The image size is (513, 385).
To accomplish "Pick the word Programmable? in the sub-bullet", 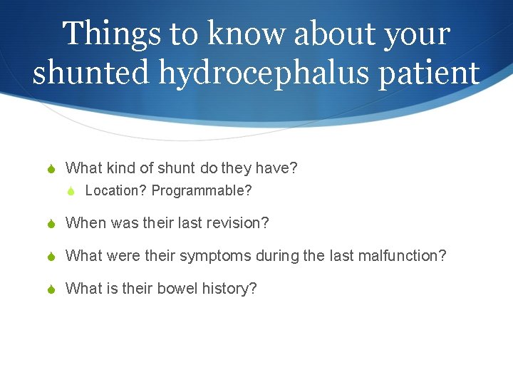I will [x=202, y=191].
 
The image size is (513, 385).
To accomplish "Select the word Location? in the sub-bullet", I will [x=116, y=191].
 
